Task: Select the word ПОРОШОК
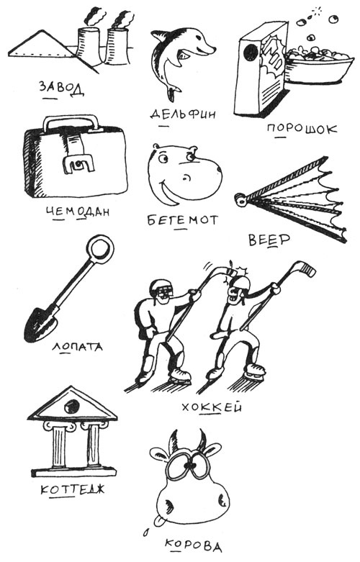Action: pyautogui.click(x=302, y=130)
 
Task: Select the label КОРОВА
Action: pyautogui.click(x=189, y=545)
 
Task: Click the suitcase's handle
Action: pyautogui.click(x=70, y=122)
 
